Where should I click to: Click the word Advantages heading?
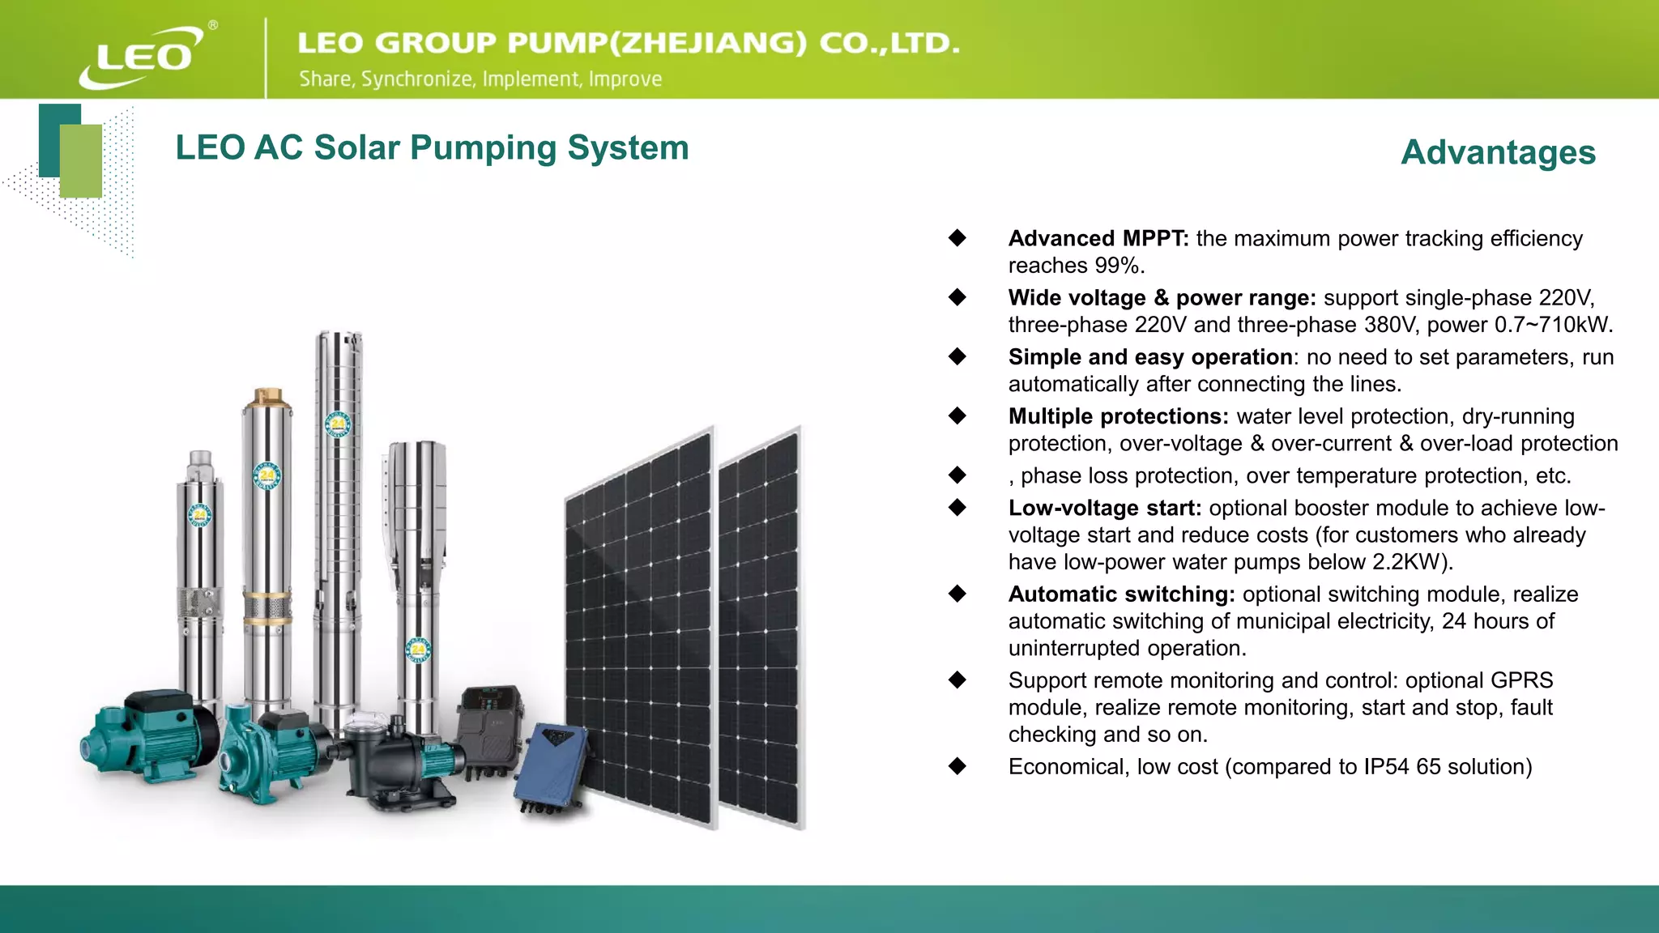(x=1498, y=152)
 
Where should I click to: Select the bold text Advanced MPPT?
(x=1098, y=238)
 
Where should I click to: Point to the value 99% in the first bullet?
(x=1116, y=266)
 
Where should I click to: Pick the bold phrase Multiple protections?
(x=1118, y=416)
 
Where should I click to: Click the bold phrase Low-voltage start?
(x=1104, y=508)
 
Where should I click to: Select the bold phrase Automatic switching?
(x=1121, y=594)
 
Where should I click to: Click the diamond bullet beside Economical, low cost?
(x=957, y=766)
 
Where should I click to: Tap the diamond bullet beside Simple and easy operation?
(x=957, y=356)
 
